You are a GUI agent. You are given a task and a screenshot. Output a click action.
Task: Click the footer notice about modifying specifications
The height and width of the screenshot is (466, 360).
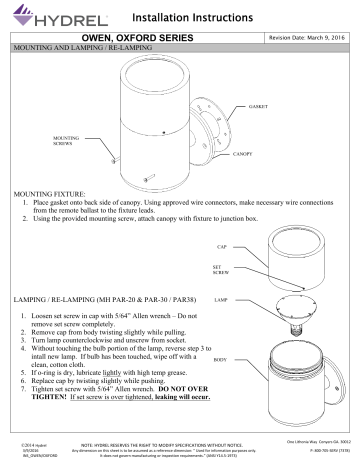coord(180,451)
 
